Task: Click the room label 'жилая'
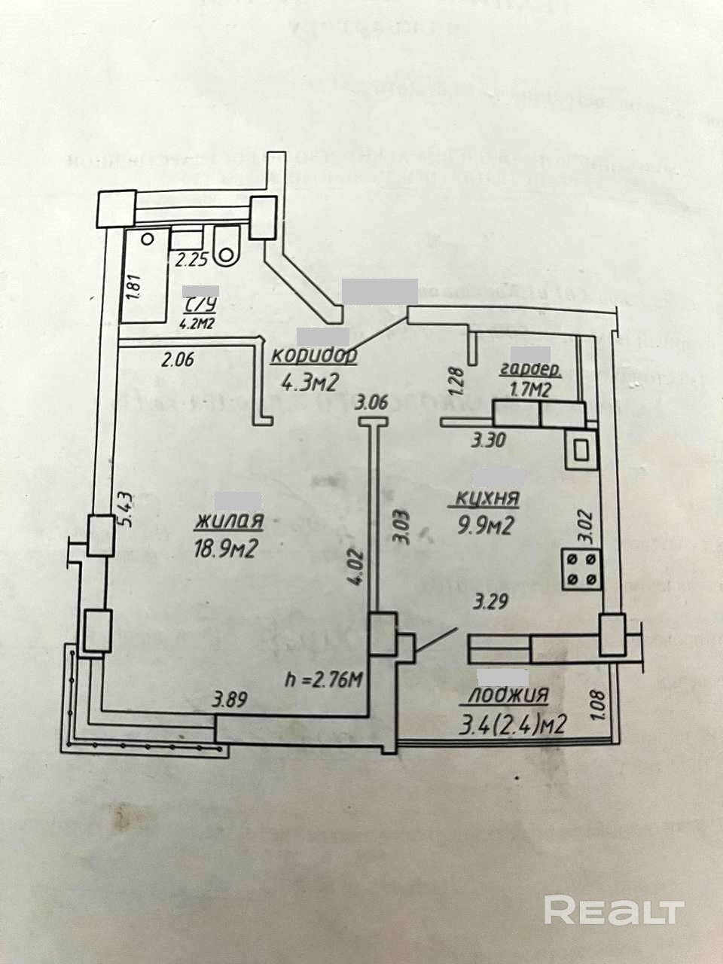click(x=229, y=521)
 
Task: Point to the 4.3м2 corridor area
click(x=307, y=383)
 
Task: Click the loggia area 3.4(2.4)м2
click(x=512, y=725)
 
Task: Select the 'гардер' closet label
click(x=529, y=370)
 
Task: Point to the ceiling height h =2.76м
click(x=325, y=681)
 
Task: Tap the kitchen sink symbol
click(x=581, y=450)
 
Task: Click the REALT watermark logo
click(x=614, y=911)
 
